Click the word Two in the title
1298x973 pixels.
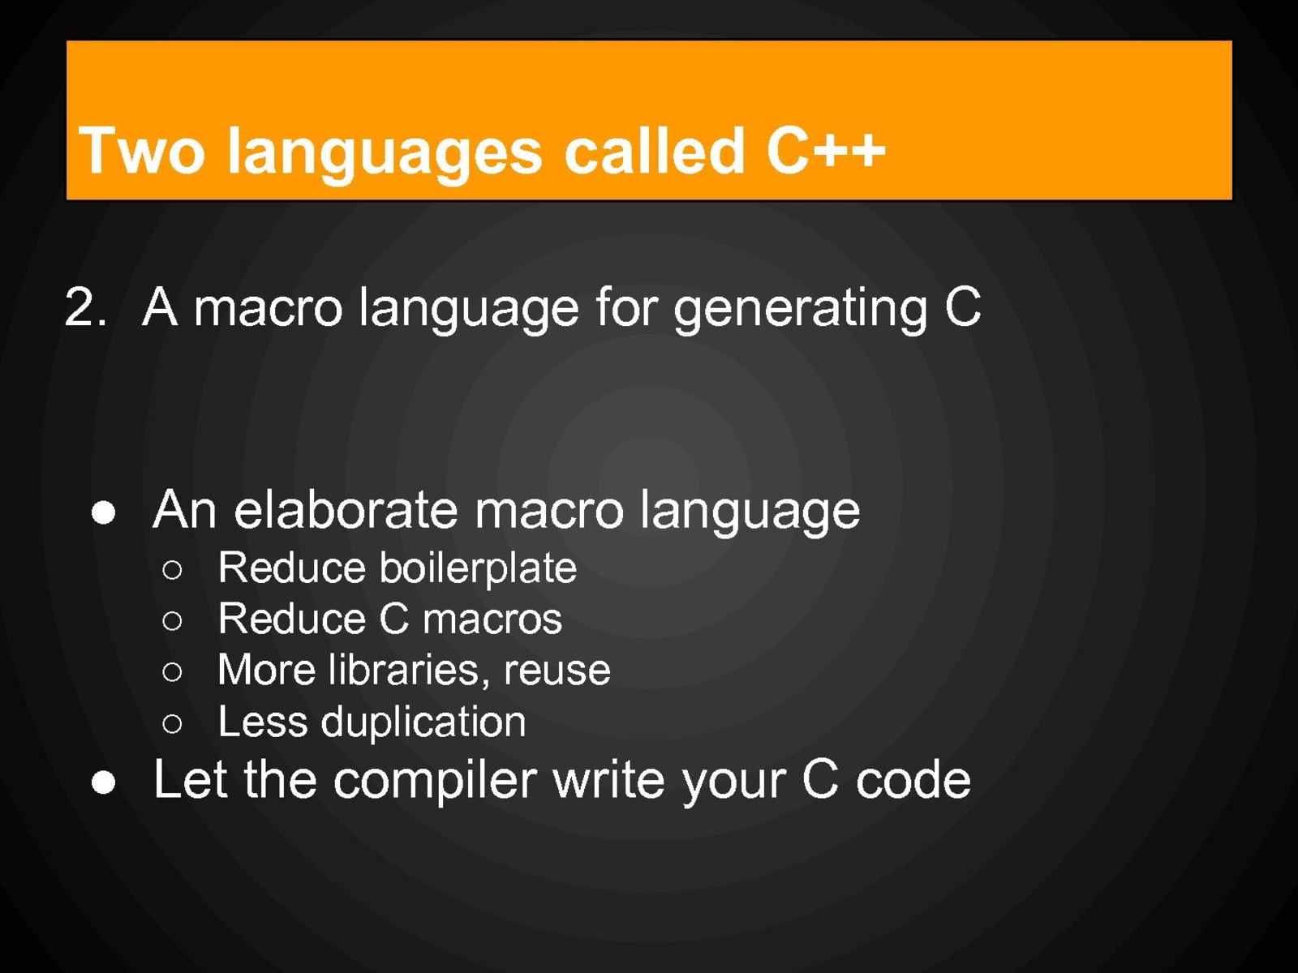(141, 151)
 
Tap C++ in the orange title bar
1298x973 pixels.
(826, 150)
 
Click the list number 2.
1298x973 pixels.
(86, 306)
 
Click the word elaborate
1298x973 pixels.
(346, 509)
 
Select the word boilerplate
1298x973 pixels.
(478, 569)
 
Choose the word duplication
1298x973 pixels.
(423, 722)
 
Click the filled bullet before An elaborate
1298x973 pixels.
(104, 512)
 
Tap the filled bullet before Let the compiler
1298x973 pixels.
(104, 782)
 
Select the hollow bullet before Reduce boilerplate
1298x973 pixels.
(172, 570)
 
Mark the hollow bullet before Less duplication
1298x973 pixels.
(172, 723)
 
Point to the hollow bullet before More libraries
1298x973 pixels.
(172, 671)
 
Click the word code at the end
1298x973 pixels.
(913, 780)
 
